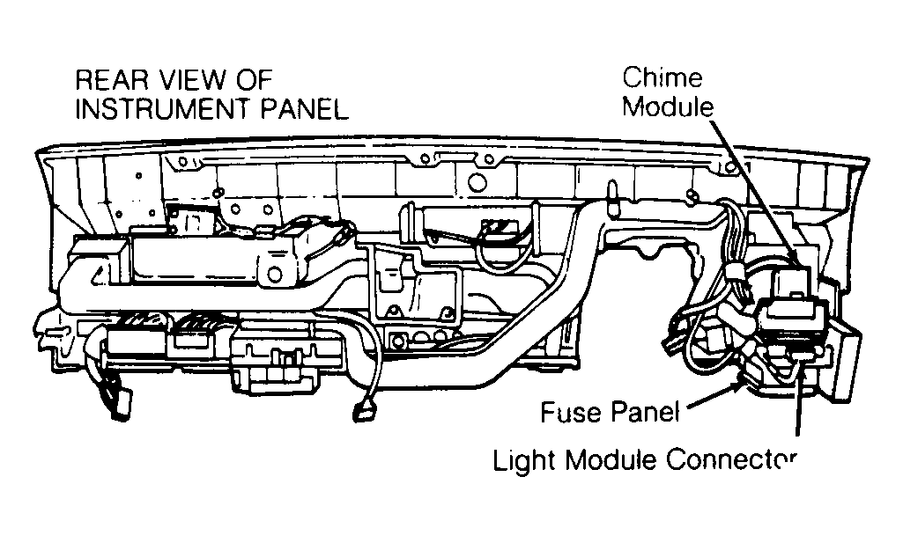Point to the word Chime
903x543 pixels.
click(x=662, y=77)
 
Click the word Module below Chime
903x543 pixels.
click(x=668, y=106)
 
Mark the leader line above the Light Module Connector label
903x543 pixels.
click(x=799, y=397)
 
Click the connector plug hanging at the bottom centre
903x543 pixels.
click(x=363, y=413)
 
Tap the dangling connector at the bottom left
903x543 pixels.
click(x=119, y=404)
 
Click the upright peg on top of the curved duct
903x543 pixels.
click(x=612, y=194)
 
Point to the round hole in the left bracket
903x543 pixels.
click(x=275, y=275)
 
